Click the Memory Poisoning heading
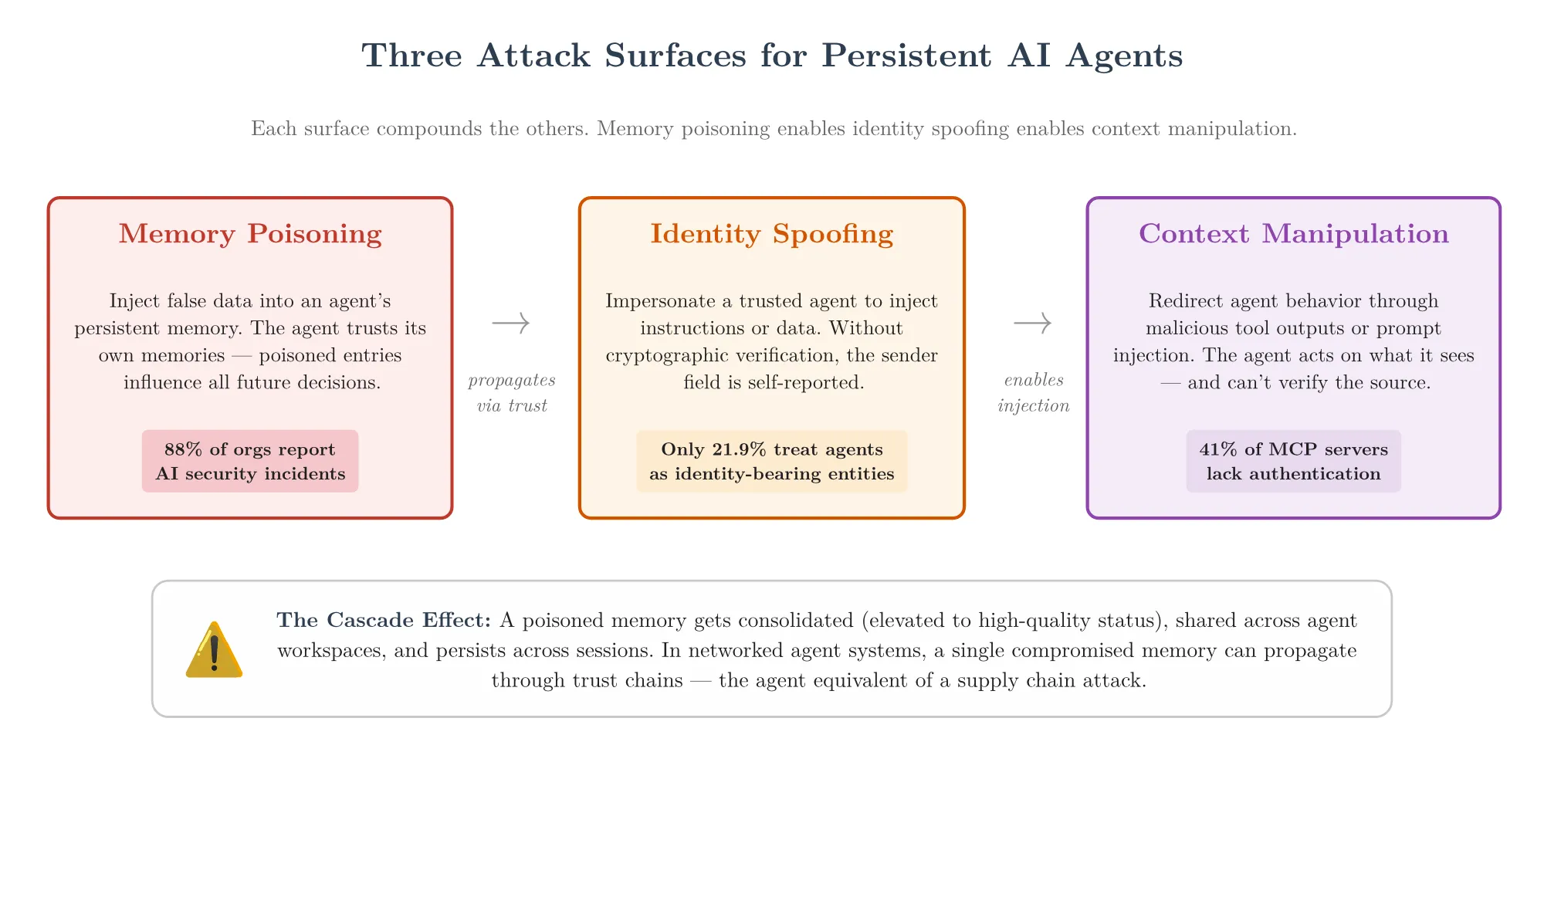[x=250, y=234]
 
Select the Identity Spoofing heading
[x=771, y=234]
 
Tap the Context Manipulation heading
[x=1293, y=234]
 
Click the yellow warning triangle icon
[x=215, y=651]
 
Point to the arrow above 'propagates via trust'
[x=511, y=323]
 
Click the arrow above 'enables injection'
[x=1033, y=323]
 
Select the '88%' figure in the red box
[x=183, y=449]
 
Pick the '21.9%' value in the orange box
[x=740, y=449]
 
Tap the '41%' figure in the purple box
[x=1217, y=449]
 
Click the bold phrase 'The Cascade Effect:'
[x=384, y=620]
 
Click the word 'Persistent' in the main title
[x=906, y=56]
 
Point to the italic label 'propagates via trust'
[x=511, y=392]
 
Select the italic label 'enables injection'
[x=1033, y=392]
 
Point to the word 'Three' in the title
[x=411, y=56]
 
